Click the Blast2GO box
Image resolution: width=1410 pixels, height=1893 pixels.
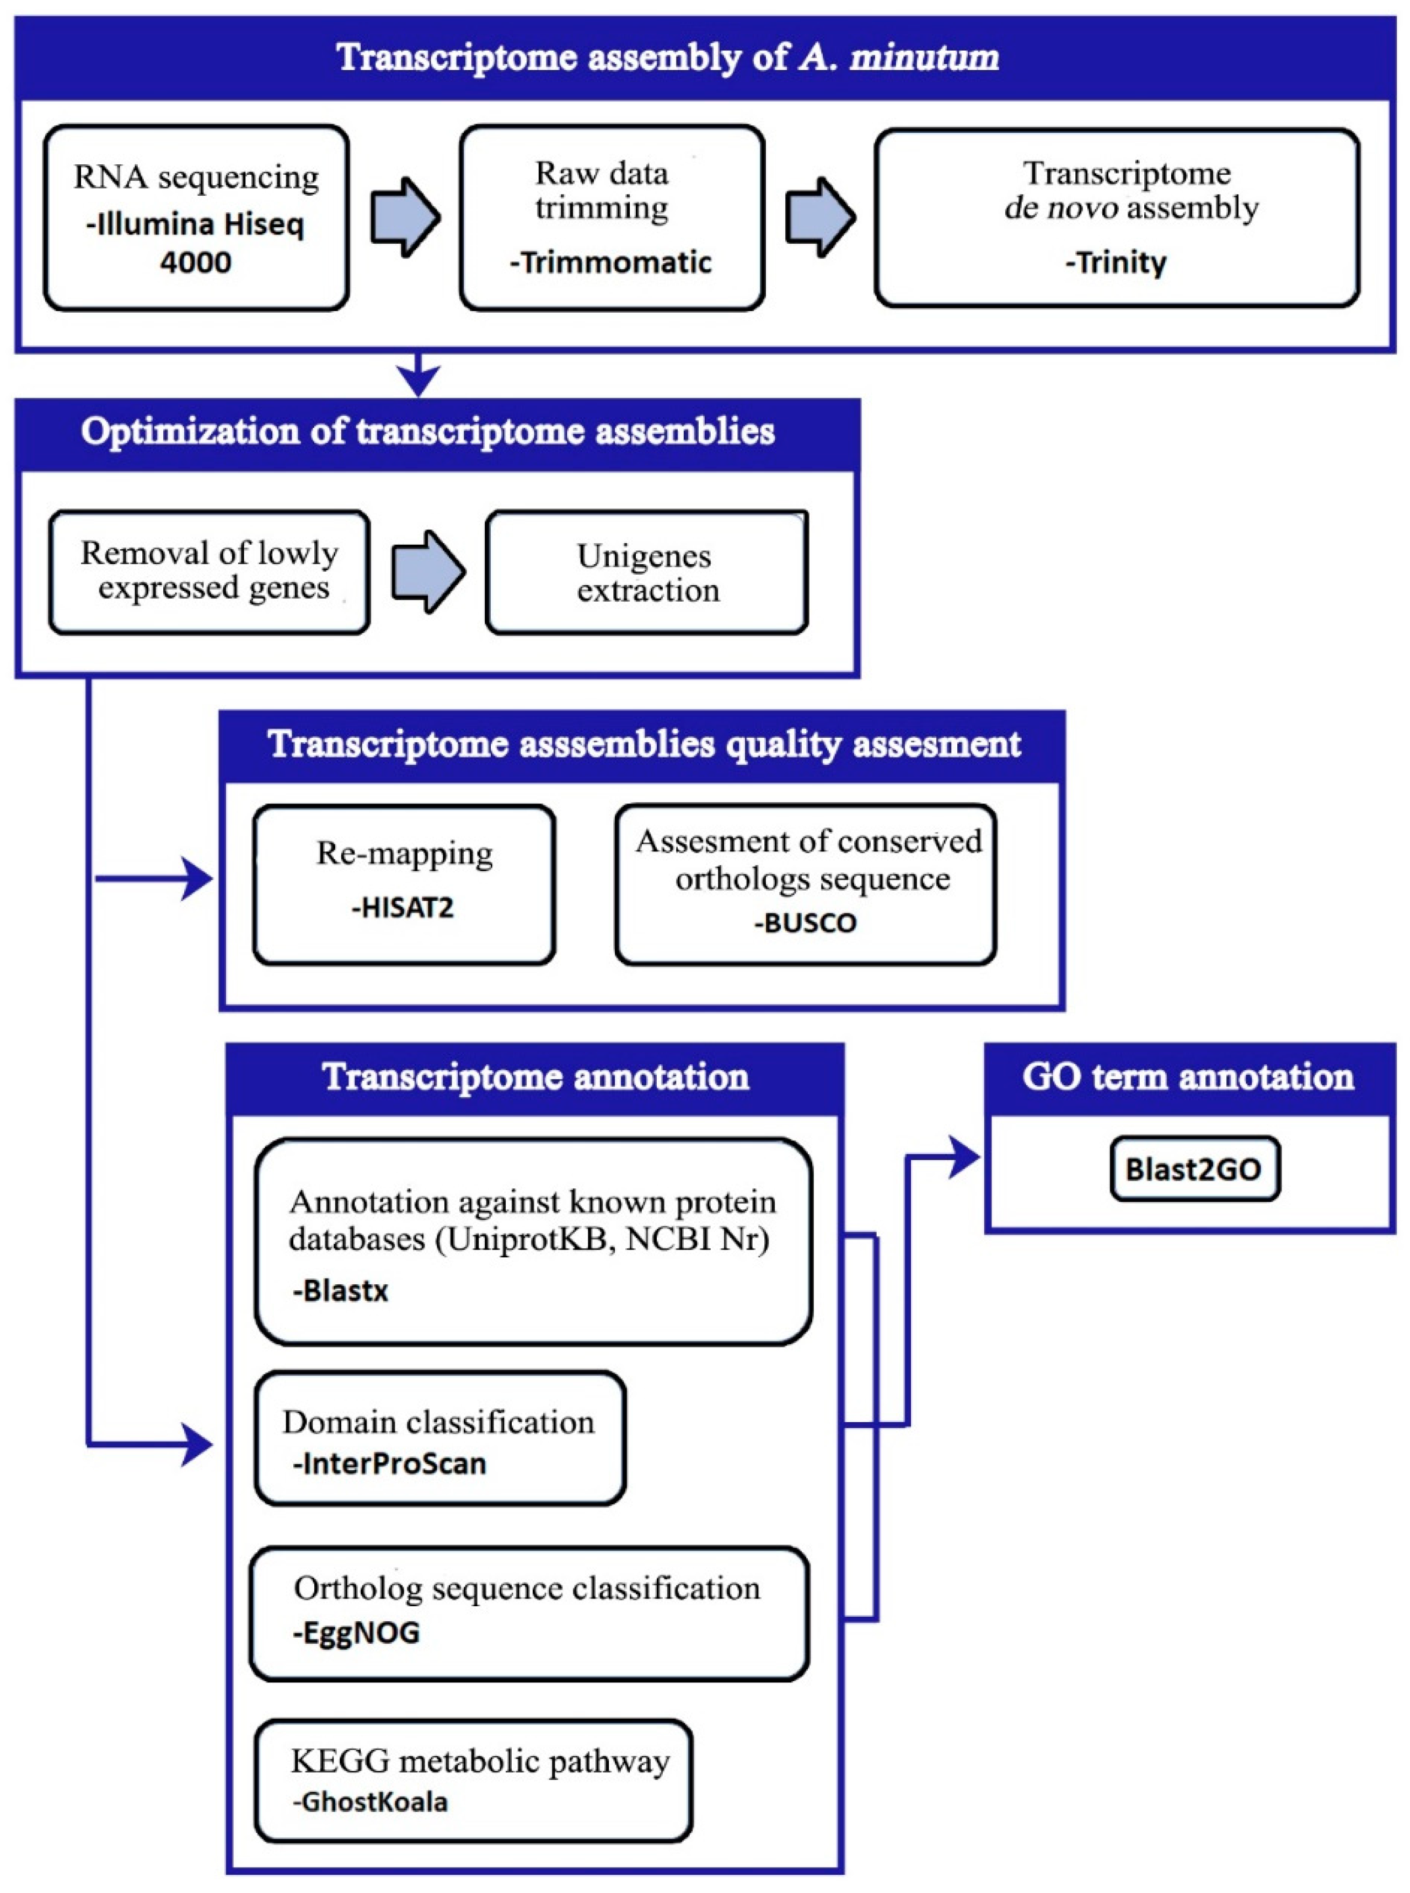(x=1194, y=1168)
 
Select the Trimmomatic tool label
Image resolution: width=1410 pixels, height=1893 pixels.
(x=610, y=262)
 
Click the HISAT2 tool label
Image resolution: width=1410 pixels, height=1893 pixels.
(x=403, y=907)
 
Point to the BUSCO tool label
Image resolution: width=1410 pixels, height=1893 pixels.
(x=805, y=923)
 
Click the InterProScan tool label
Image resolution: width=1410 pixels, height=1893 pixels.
(x=389, y=1463)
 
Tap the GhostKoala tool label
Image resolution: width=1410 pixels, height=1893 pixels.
(x=371, y=1801)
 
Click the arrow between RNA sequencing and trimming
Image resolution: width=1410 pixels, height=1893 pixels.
(x=405, y=217)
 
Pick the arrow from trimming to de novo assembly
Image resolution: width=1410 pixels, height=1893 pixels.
(x=819, y=217)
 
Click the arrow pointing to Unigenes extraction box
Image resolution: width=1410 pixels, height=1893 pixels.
(x=427, y=572)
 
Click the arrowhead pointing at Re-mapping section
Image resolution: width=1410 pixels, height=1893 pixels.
(x=198, y=879)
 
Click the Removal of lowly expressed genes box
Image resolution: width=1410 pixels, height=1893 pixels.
(x=209, y=572)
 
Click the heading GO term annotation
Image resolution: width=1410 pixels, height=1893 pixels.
(x=1188, y=1077)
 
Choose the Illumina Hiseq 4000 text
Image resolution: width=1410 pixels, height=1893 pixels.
(x=195, y=243)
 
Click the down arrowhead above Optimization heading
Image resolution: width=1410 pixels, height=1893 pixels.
(x=418, y=380)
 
